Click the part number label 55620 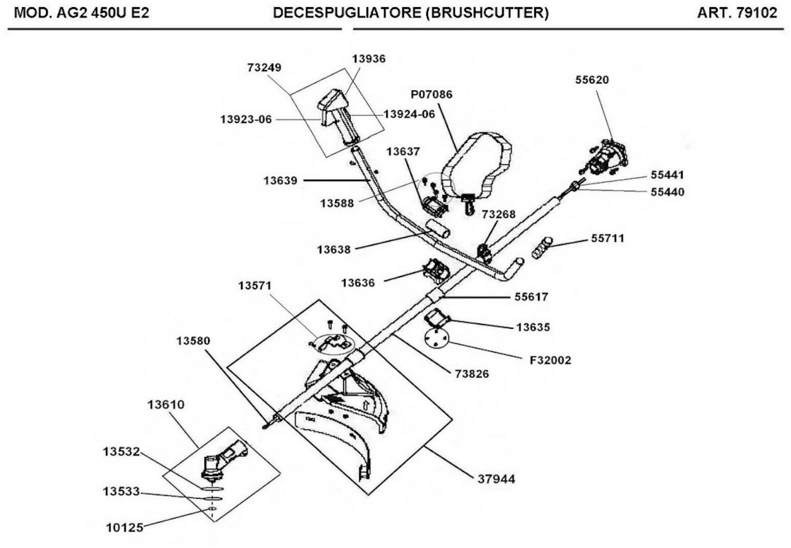click(x=592, y=80)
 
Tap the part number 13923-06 click(x=246, y=119)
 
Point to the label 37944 click(x=496, y=479)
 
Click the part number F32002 click(x=550, y=360)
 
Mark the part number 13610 click(x=166, y=405)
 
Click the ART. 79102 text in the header click(x=737, y=13)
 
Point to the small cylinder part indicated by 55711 click(x=542, y=247)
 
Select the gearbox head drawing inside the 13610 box click(x=223, y=462)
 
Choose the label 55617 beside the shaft click(x=531, y=297)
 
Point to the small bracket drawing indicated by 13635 click(x=436, y=318)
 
